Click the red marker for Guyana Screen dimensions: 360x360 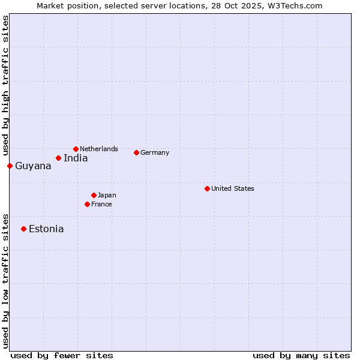point(10,166)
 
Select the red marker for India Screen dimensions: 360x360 point(58,158)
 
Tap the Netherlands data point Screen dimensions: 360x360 point(76,149)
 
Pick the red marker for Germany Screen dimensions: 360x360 point(136,152)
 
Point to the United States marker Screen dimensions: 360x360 point(207,188)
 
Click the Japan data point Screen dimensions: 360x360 point(94,195)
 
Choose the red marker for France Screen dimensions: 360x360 point(87,204)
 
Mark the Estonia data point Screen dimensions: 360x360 point(23,229)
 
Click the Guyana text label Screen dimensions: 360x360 point(33,166)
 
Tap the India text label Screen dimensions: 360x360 point(76,158)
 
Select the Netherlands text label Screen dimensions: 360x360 point(99,149)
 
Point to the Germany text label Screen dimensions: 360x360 point(155,152)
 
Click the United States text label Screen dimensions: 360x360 point(233,188)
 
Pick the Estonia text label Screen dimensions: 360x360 point(46,229)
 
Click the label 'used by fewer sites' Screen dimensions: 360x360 point(62,355)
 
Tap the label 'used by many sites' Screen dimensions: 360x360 point(301,355)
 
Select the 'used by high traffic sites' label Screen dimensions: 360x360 point(6,86)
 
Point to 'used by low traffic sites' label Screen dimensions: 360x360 point(6,280)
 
